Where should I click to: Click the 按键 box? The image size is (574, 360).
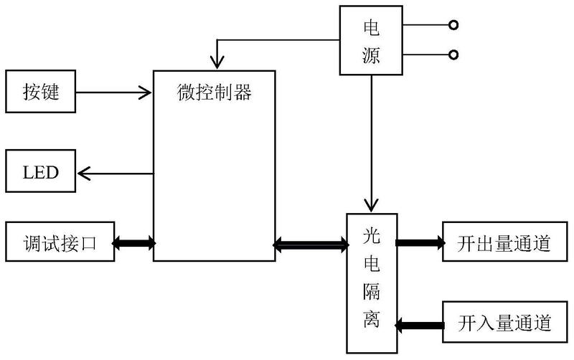(40, 92)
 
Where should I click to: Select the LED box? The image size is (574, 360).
(40, 173)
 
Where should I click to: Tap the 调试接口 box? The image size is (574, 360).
(60, 244)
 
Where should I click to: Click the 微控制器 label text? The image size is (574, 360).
(215, 92)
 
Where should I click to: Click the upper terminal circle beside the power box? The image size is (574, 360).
(453, 25)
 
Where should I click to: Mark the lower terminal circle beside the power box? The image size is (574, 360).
(453, 54)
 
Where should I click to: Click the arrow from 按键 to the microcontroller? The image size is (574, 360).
(115, 92)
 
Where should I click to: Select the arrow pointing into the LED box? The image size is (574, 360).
(115, 173)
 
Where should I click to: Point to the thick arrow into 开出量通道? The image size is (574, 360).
(420, 243)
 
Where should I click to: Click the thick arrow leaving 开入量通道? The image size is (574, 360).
(420, 324)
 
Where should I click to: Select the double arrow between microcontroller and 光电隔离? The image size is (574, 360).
(310, 246)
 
